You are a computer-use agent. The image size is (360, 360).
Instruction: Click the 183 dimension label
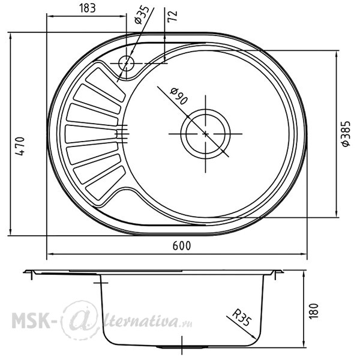pos(87,8)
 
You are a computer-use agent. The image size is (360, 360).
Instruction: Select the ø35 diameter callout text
pos(142,15)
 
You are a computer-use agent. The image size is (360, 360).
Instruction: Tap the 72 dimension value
pos(172,16)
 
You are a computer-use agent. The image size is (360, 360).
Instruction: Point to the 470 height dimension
pos(20,146)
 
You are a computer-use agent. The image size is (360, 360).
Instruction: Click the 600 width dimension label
pos(182,246)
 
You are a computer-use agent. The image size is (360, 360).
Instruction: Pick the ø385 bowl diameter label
pos(346,134)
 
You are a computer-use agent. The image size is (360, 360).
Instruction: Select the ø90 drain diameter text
pos(179,96)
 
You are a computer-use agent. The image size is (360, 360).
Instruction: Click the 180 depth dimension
pos(314,311)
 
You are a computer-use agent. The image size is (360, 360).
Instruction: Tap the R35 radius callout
pos(242,317)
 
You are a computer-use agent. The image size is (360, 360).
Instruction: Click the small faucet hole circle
pos(126,63)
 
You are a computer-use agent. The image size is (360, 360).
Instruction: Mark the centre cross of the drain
pos(205,134)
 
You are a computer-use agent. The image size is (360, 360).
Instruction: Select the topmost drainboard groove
pos(106,85)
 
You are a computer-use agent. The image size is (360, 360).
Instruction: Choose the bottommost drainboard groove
pos(106,183)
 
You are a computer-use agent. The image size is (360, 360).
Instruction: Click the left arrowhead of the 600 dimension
pos(50,254)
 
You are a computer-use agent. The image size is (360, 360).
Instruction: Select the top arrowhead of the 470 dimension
pos(11,36)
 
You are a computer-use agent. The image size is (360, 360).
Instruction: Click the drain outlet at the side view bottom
pos(182,347)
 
